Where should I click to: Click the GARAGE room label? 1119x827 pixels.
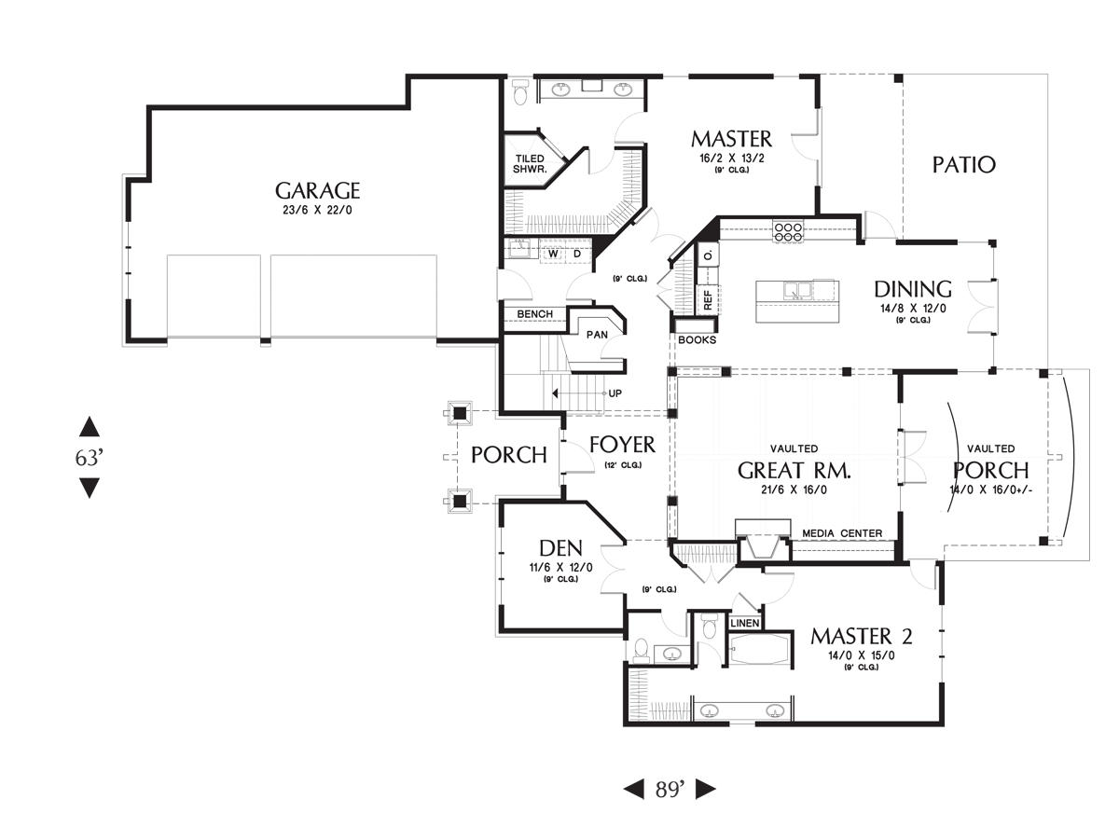pyautogui.click(x=317, y=191)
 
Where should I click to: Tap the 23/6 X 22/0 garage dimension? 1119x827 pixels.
pyautogui.click(x=317, y=211)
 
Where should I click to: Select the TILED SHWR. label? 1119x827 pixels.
pyautogui.click(x=530, y=164)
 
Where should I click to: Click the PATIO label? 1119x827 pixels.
pyautogui.click(x=963, y=165)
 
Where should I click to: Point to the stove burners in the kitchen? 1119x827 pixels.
pyautogui.click(x=788, y=232)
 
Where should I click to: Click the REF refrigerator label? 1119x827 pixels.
pyautogui.click(x=708, y=299)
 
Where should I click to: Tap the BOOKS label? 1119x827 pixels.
pyautogui.click(x=697, y=340)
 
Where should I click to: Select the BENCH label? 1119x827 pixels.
pyautogui.click(x=534, y=314)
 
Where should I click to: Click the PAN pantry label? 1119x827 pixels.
pyautogui.click(x=597, y=335)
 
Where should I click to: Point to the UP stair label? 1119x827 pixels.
pyautogui.click(x=615, y=393)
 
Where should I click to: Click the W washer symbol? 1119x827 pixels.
pyautogui.click(x=554, y=254)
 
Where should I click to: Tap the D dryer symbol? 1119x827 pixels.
pyautogui.click(x=577, y=254)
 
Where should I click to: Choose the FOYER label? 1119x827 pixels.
pyautogui.click(x=623, y=445)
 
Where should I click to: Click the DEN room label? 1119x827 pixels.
pyautogui.click(x=560, y=548)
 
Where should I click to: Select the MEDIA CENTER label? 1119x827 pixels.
pyautogui.click(x=842, y=533)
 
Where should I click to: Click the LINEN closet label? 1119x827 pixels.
pyautogui.click(x=745, y=623)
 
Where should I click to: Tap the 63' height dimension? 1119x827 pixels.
pyautogui.click(x=90, y=458)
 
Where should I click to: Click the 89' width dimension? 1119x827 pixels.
pyautogui.click(x=670, y=790)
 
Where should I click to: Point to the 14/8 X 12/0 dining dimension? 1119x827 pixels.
pyautogui.click(x=913, y=309)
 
